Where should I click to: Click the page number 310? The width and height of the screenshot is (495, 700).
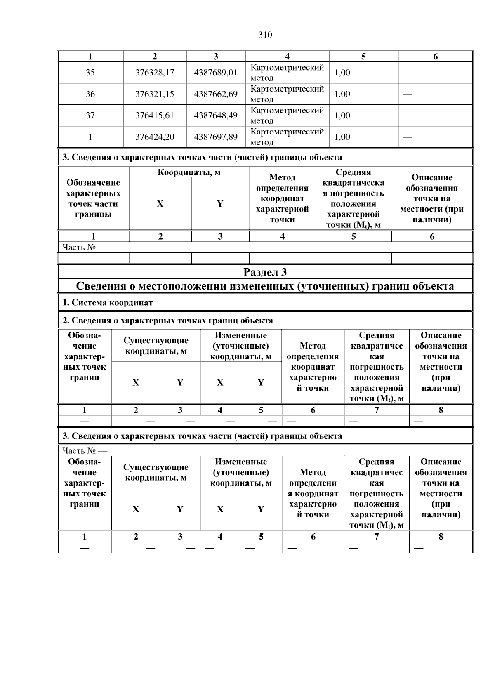(x=265, y=35)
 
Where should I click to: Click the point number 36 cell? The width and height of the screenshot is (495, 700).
(x=90, y=94)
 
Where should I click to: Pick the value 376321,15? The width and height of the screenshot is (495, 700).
(x=155, y=94)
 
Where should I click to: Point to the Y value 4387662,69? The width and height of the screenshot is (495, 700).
(x=216, y=94)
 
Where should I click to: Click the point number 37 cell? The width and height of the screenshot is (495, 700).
(x=90, y=115)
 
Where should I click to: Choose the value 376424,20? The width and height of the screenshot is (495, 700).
(x=155, y=137)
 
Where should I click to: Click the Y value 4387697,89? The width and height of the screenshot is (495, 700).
(x=216, y=137)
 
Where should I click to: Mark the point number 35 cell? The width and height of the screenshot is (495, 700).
(x=90, y=73)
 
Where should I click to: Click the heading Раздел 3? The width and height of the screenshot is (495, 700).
(x=265, y=272)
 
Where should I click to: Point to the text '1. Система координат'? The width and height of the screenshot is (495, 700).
(x=108, y=303)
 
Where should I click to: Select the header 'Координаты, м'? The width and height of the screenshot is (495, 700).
(x=189, y=172)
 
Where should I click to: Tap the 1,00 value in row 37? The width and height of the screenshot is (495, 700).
(x=342, y=115)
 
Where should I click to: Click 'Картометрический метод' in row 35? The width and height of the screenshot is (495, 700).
(x=287, y=73)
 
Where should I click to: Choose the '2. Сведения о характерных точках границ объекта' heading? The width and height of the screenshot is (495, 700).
(x=167, y=321)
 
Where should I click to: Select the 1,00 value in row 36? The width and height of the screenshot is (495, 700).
(x=342, y=94)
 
